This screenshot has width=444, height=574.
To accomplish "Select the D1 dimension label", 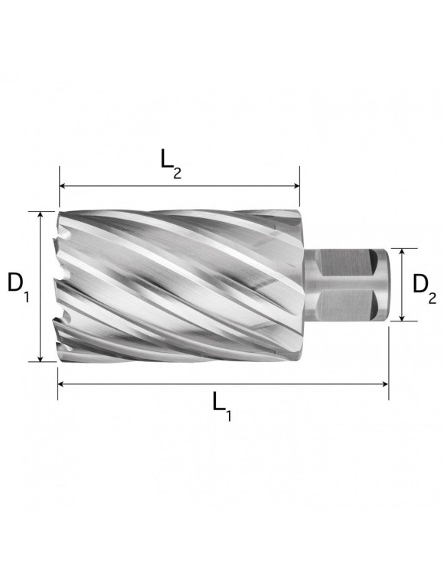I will (x=18, y=287).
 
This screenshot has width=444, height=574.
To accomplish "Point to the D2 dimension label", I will (x=423, y=287).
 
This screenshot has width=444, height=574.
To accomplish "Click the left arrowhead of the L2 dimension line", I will (x=64, y=186).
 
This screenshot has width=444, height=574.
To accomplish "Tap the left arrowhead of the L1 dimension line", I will (x=62, y=383).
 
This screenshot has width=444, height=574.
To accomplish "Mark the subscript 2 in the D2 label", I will (x=433, y=297).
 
